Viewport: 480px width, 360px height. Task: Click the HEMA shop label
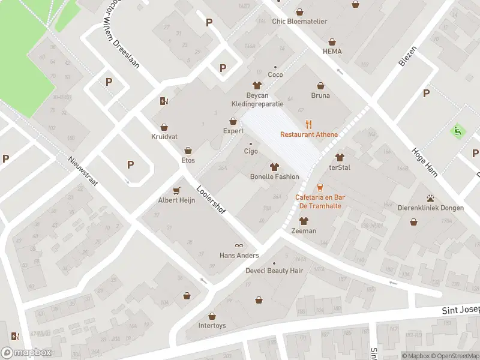point(332,52)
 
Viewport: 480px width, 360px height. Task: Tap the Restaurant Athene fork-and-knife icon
point(309,124)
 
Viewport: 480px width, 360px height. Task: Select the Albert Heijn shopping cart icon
point(176,190)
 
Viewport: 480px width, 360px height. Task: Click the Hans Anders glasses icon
point(239,245)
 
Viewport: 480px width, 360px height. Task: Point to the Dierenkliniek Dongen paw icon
point(430,199)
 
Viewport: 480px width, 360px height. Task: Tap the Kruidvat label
point(164,136)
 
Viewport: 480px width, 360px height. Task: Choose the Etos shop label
point(188,160)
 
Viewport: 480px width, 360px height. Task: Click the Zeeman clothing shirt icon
point(303,221)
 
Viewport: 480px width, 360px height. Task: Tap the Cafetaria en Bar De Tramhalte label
point(320,201)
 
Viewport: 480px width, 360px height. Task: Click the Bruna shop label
point(320,95)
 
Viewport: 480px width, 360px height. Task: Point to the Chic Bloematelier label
point(300,22)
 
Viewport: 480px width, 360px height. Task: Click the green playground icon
point(458,130)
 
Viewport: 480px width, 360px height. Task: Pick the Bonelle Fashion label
point(274,176)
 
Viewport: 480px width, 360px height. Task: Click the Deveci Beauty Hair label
point(274,271)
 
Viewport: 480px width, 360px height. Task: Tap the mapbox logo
point(26,353)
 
